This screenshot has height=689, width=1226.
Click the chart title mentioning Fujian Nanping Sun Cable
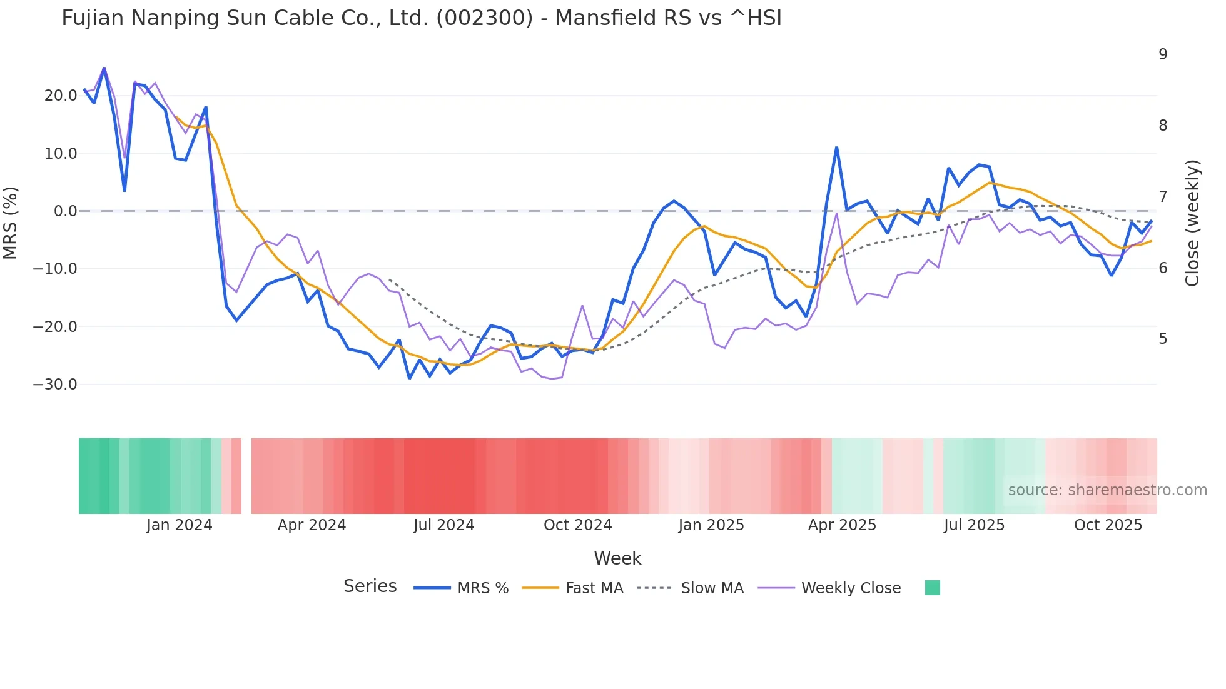coord(422,18)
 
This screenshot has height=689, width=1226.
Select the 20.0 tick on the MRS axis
coord(61,96)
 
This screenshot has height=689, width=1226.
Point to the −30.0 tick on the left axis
coord(56,385)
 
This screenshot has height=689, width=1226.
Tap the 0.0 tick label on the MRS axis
coord(65,211)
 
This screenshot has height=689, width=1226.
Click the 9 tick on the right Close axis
coord(1163,54)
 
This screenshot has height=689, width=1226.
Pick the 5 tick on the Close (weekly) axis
coord(1163,339)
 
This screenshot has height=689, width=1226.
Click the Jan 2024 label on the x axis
coord(180,525)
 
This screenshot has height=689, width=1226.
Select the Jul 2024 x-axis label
coord(444,525)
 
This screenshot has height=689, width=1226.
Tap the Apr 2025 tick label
coord(842,525)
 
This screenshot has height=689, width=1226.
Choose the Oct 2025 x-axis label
coord(1108,525)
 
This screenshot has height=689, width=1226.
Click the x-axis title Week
coord(617,558)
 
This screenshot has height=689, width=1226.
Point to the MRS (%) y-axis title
coord(11,223)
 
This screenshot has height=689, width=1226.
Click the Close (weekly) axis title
coord(1193,223)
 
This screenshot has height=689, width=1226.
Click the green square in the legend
coord(932,588)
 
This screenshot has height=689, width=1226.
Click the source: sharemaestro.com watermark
coord(1107,490)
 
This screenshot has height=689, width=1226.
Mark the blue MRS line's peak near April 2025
coord(836,148)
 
